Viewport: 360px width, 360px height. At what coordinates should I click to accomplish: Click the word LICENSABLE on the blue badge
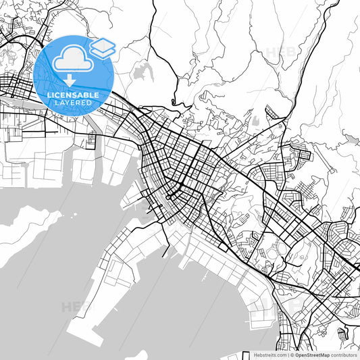[x=73, y=95]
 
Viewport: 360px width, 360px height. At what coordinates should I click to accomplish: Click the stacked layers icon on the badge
[x=103, y=47]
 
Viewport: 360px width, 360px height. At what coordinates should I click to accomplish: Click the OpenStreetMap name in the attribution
[x=312, y=355]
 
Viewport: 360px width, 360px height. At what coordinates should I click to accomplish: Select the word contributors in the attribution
[x=344, y=355]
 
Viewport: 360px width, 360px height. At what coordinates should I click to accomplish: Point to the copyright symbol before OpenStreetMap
[x=291, y=355]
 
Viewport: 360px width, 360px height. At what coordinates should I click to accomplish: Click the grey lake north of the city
[x=143, y=73]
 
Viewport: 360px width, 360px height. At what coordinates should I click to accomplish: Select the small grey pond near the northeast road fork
[x=257, y=122]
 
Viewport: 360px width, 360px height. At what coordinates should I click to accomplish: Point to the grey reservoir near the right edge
[x=351, y=138]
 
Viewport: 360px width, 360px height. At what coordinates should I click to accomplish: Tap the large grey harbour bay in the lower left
[x=54, y=270]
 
